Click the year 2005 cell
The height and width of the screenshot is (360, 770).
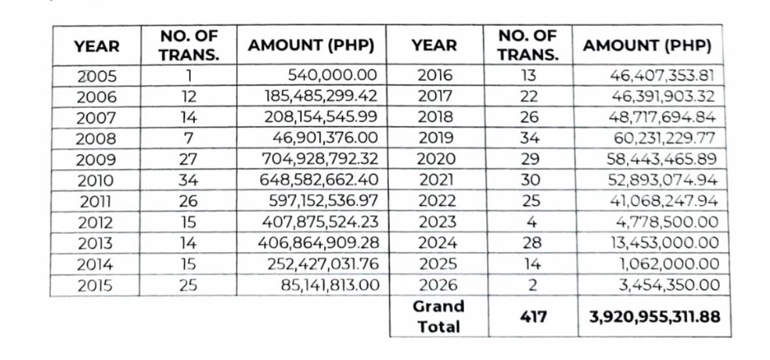click(x=97, y=76)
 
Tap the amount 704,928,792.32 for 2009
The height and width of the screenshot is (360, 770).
click(x=320, y=159)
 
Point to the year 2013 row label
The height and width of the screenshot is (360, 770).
click(x=95, y=244)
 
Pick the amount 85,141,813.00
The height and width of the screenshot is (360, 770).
click(x=327, y=286)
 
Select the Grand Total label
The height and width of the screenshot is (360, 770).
click(x=439, y=316)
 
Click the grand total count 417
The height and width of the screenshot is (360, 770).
click(x=529, y=317)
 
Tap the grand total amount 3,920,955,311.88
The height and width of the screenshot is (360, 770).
click(x=650, y=317)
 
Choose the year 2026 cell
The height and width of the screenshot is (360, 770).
click(x=438, y=286)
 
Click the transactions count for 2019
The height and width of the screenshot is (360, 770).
click(x=529, y=139)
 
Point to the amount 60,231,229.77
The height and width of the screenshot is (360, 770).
click(x=663, y=139)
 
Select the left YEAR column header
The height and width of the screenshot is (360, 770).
click(x=97, y=46)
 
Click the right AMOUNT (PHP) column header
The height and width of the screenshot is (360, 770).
click(x=647, y=46)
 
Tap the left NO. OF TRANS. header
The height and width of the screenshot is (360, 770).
click(x=188, y=46)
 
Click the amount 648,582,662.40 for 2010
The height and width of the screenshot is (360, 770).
click(x=320, y=180)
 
